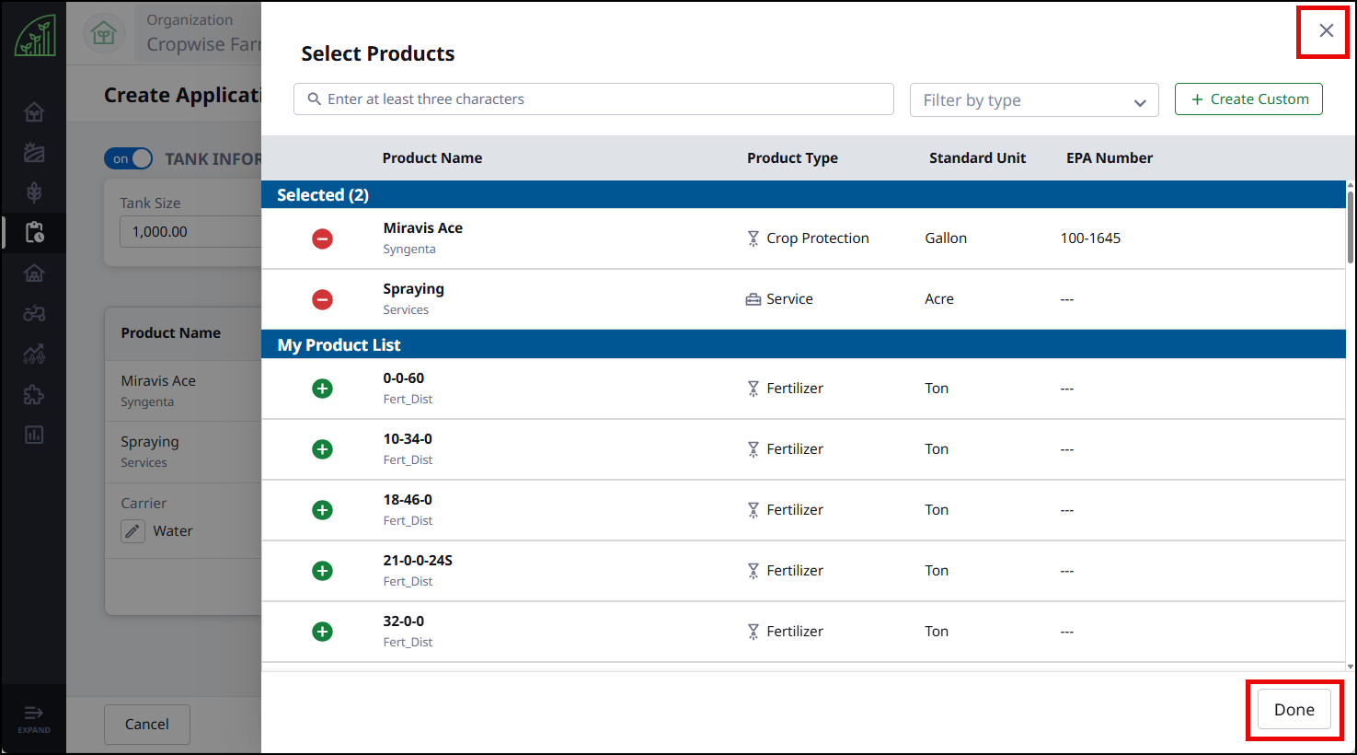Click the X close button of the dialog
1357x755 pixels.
pyautogui.click(x=1326, y=30)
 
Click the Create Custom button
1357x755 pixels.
pyautogui.click(x=1248, y=99)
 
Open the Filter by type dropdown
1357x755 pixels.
pyautogui.click(x=1034, y=99)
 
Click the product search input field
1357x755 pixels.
pyautogui.click(x=593, y=99)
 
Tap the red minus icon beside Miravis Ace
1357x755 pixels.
pyautogui.click(x=322, y=238)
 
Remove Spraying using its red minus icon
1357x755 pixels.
pyautogui.click(x=322, y=299)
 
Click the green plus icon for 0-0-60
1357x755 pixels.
pyautogui.click(x=322, y=389)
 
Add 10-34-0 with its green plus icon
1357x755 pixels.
pyautogui.click(x=322, y=449)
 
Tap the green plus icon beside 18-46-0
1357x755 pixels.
pyautogui.click(x=322, y=510)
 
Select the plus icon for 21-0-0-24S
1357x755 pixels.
pyautogui.click(x=322, y=571)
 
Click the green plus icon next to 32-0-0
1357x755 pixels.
pyautogui.click(x=322, y=632)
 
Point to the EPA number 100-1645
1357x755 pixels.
pyautogui.click(x=1090, y=238)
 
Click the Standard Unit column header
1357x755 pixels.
pyautogui.click(x=977, y=157)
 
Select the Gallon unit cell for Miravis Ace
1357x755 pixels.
pyautogui.click(x=946, y=238)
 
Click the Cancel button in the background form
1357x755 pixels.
pyautogui.click(x=146, y=724)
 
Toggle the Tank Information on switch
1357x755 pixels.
pyautogui.click(x=129, y=158)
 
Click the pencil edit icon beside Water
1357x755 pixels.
pyautogui.click(x=132, y=530)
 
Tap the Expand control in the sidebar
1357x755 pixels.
pyautogui.click(x=34, y=718)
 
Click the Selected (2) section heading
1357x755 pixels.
pyautogui.click(x=323, y=194)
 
